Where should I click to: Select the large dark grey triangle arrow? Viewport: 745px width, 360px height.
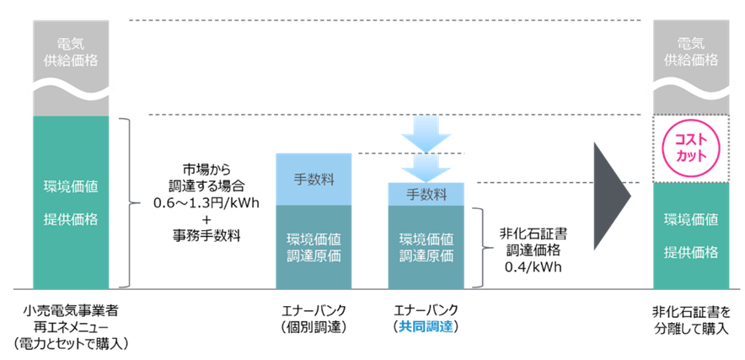pos(611,196)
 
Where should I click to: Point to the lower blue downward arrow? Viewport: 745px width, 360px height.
pos(426,168)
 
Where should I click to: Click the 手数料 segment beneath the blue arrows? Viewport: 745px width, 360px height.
pos(426,194)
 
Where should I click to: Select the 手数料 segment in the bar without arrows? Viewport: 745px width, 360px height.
pos(314,179)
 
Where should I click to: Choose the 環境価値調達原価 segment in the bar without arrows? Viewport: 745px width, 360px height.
pos(314,246)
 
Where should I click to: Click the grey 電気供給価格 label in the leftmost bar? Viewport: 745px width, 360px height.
pos(71,51)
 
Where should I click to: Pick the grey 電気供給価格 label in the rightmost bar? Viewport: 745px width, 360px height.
pos(691,51)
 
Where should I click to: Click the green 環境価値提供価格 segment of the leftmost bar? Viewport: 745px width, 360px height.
pos(71,202)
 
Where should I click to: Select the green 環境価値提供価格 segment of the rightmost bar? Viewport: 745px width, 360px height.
pos(691,235)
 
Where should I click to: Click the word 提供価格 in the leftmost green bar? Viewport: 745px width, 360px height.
pos(71,219)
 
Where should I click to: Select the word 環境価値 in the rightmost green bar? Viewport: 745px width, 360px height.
pos(691,220)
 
